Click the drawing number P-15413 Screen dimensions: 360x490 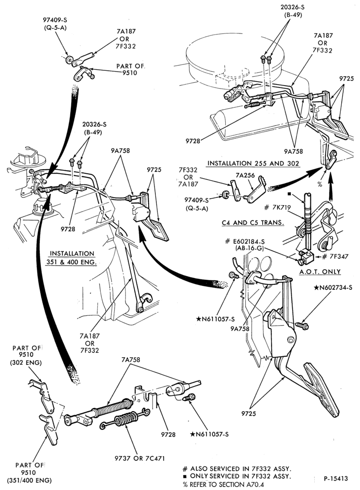pyautogui.click(x=335, y=478)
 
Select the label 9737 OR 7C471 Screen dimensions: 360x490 pyautogui.click(x=139, y=459)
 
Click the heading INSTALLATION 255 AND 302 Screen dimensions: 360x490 pyautogui.click(x=253, y=163)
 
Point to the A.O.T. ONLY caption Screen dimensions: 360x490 pyautogui.click(x=320, y=272)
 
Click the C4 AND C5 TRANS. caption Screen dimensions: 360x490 pyautogui.click(x=253, y=223)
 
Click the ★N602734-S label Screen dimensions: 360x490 pyautogui.click(x=333, y=287)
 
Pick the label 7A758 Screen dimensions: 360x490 pyautogui.click(x=131, y=360)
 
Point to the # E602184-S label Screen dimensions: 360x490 pyautogui.click(x=245, y=242)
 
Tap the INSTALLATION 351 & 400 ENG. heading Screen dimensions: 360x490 pyautogui.click(x=72, y=258)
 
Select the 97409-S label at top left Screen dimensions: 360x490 pyautogui.click(x=55, y=20)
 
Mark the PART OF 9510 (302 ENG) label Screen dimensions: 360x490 pyautogui.click(x=27, y=355)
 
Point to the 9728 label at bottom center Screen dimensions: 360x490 pyautogui.click(x=168, y=434)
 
